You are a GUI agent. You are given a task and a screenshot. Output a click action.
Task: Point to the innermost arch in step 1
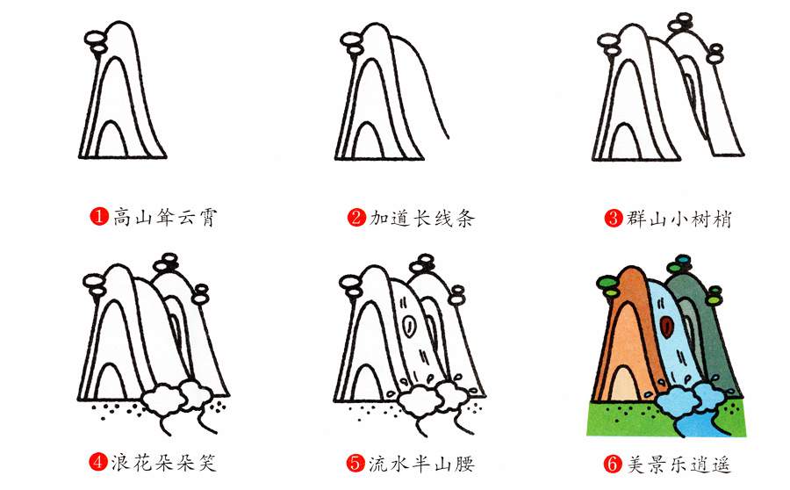click(111, 141)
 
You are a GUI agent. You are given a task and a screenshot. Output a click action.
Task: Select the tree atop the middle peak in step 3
click(683, 24)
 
